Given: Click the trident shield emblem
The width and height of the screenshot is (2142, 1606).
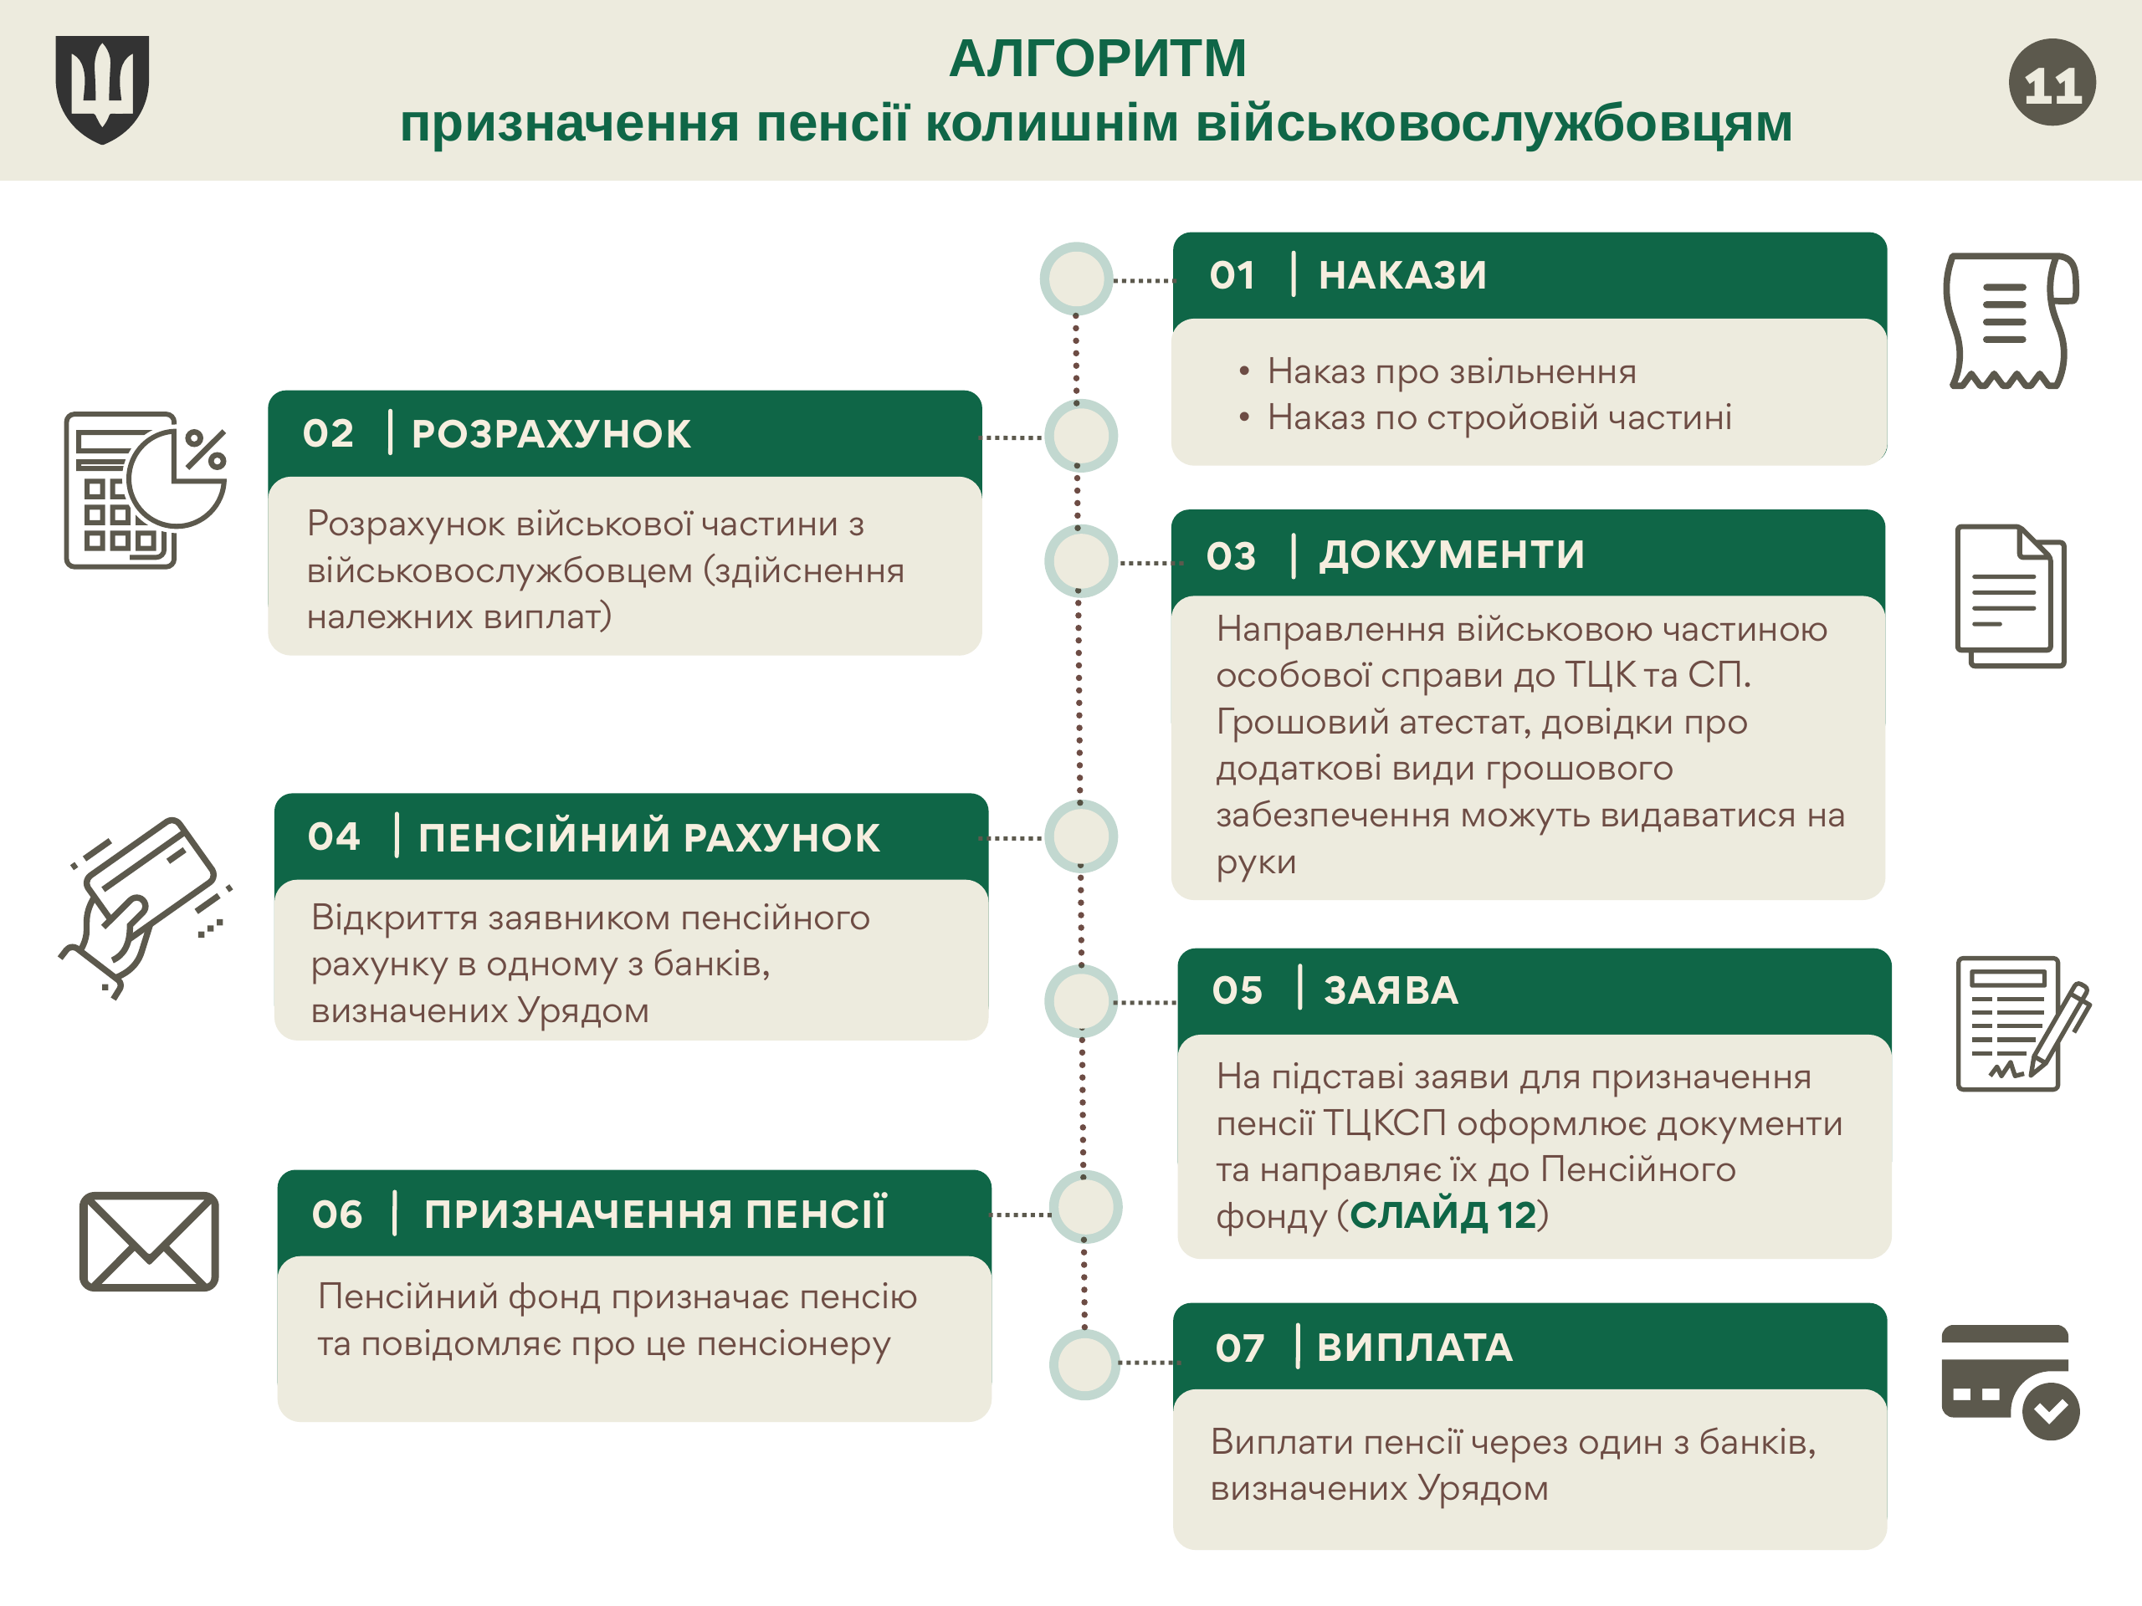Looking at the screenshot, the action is pos(102,89).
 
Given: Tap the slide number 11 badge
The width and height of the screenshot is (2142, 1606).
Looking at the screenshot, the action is pos(2052,82).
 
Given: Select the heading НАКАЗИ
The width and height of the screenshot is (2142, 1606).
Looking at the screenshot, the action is pos(1402,275).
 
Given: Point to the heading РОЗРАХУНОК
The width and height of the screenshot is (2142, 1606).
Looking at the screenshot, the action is pos(551,433).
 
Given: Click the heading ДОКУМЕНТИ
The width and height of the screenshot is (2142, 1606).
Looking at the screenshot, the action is pos(1452,555).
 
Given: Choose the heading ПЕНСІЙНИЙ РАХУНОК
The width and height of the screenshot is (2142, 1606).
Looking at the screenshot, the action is pos(648,837).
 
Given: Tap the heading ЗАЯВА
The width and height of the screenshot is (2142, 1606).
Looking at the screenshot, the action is pos(1391,990).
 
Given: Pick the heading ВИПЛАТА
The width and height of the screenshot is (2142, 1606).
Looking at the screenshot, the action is pos(1415,1348).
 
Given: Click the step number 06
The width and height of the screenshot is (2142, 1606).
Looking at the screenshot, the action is pos(337,1214).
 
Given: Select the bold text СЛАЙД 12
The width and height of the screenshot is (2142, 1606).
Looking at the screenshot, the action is pos(1443,1215).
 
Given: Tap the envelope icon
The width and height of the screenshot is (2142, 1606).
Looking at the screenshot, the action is pos(149,1241).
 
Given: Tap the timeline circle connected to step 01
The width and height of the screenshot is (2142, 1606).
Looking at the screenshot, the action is pos(1076,279).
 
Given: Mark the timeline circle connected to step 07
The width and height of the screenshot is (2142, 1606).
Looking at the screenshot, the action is pos(1084,1363).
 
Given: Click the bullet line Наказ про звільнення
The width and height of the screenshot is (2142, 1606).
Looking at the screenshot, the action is pos(1452,371).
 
